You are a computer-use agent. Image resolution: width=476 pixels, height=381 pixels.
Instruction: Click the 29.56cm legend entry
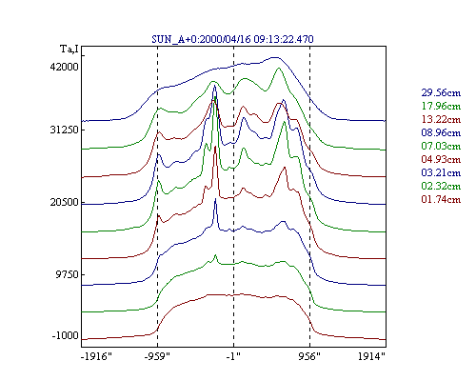tap(441, 92)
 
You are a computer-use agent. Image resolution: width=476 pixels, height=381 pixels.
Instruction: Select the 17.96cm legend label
tap(441, 106)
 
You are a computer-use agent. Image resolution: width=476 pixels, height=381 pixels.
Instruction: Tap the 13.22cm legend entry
tap(441, 119)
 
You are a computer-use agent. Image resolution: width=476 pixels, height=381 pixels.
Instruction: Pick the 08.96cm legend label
tap(441, 132)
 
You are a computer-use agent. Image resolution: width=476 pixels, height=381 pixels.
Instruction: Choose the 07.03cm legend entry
tap(441, 146)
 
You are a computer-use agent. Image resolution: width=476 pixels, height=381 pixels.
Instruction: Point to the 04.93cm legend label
tap(441, 159)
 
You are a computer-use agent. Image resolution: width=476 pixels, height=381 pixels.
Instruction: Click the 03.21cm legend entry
tap(441, 172)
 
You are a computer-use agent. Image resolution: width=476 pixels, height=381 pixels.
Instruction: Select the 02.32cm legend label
tap(441, 186)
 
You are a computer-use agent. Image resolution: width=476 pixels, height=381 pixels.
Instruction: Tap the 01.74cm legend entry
tap(441, 199)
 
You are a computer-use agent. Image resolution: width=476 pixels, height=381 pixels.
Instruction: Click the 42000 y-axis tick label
tap(64, 67)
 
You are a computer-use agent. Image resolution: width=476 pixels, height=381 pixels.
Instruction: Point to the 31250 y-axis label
tap(64, 130)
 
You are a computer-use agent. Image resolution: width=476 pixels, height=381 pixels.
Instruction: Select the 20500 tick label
tap(64, 202)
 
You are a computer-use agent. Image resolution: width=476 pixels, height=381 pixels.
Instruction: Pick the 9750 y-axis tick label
tap(67, 274)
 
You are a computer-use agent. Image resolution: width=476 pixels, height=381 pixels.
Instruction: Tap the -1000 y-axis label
tap(65, 335)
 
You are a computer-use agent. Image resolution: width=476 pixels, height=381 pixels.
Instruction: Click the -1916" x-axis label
tap(96, 357)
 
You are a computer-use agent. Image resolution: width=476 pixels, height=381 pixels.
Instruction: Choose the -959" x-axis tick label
tap(157, 357)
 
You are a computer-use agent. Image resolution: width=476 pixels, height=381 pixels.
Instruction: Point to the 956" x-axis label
tap(309, 357)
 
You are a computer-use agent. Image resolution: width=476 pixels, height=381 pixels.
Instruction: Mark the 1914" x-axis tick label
tap(371, 357)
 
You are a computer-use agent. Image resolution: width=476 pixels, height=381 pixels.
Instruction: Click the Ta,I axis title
tap(69, 50)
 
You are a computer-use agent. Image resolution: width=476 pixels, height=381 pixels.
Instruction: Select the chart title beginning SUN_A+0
tap(232, 39)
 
